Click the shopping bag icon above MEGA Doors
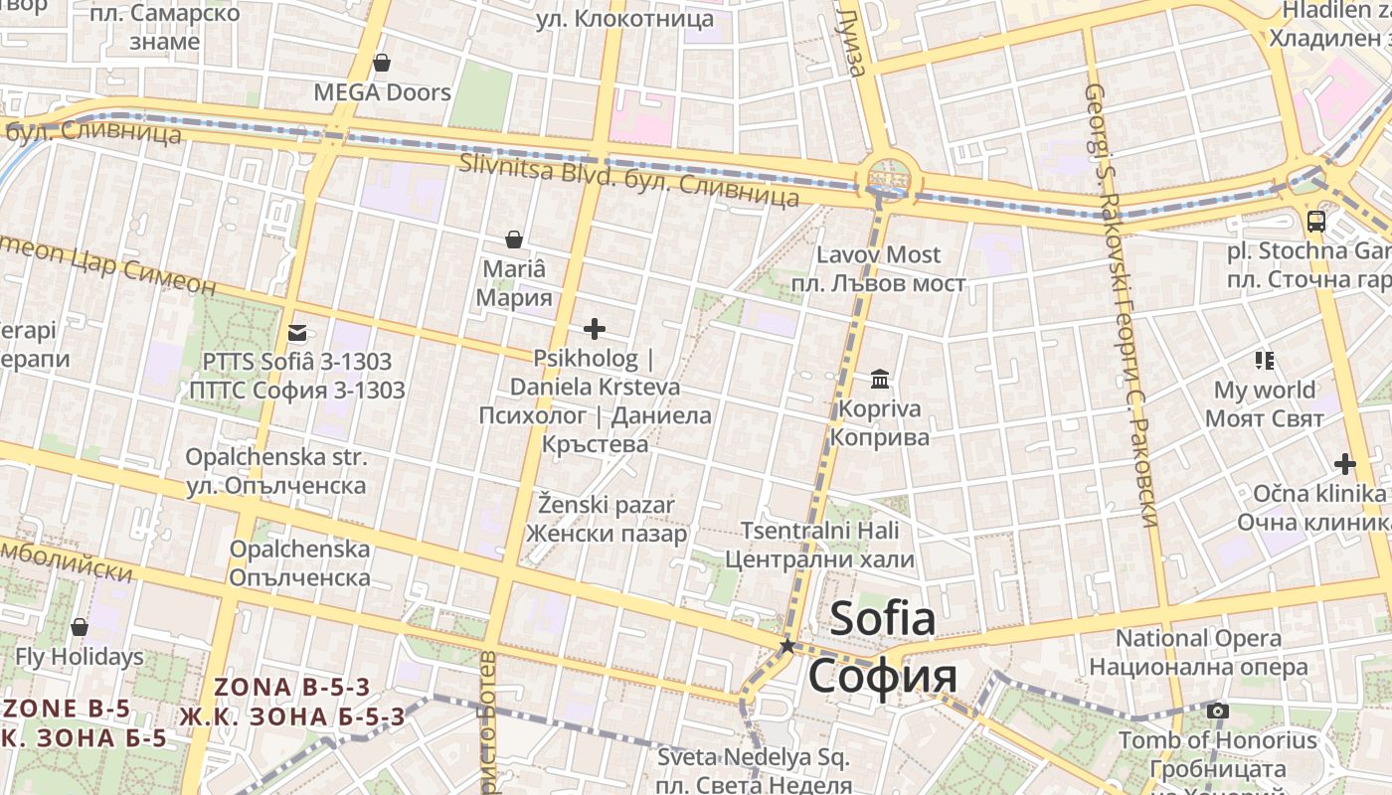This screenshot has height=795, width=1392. (381, 64)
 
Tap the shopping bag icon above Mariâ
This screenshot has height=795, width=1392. (514, 239)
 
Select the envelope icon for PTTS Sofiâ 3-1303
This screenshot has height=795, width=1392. (296, 333)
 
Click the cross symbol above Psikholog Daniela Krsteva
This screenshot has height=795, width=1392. (595, 329)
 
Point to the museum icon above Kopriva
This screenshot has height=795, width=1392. (880, 379)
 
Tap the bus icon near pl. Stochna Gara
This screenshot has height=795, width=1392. (1316, 221)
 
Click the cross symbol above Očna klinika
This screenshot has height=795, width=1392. (1345, 464)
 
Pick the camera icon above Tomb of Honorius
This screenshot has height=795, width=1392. (1217, 711)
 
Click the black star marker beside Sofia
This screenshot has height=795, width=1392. (787, 646)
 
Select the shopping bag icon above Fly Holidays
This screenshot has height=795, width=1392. (80, 627)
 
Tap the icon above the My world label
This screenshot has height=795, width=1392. (1265, 360)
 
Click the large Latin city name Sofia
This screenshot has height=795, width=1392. (882, 619)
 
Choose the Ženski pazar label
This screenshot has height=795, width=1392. (607, 505)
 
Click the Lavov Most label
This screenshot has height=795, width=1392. (878, 255)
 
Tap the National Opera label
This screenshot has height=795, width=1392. (1198, 638)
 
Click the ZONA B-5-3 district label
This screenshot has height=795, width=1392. (292, 687)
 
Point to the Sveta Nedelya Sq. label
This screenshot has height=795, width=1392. (754, 757)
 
